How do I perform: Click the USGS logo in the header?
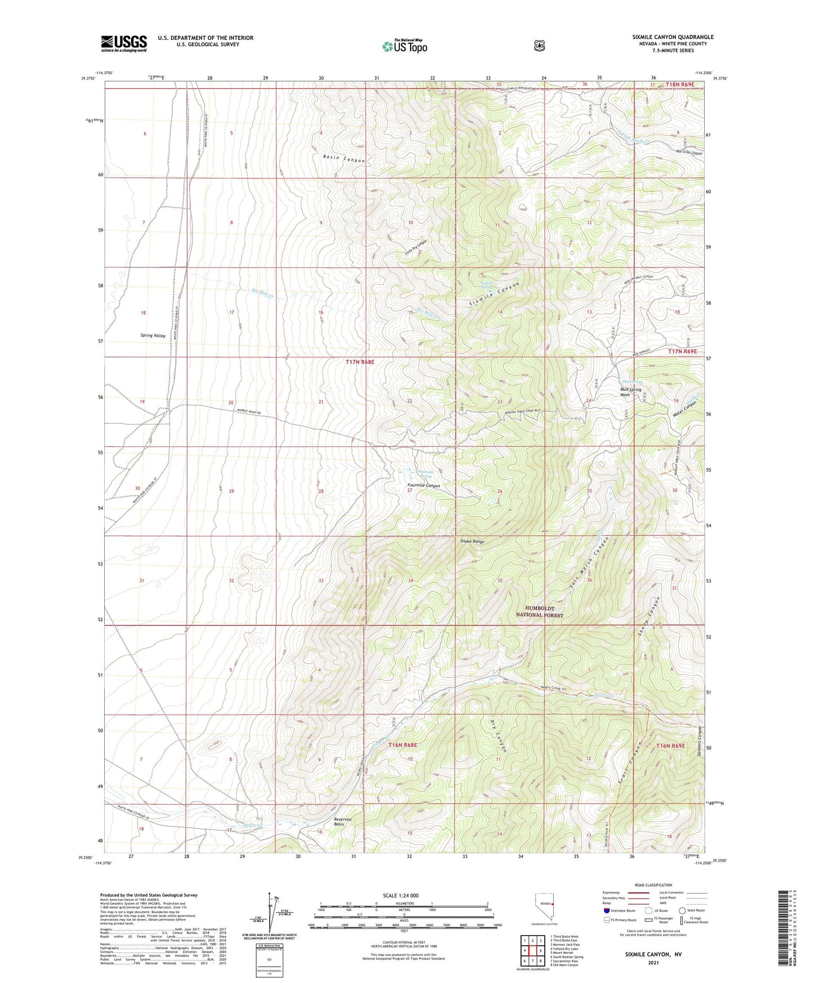tap(124, 43)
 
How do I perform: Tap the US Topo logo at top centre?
tap(404, 46)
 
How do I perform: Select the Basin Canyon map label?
tap(344, 159)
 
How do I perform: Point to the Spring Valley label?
tap(153, 335)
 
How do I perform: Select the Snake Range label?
tap(472, 542)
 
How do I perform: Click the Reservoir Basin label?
tap(342, 821)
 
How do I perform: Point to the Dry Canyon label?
tap(501, 736)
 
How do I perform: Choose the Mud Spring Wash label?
tap(633, 391)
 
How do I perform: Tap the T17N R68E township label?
tap(359, 363)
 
